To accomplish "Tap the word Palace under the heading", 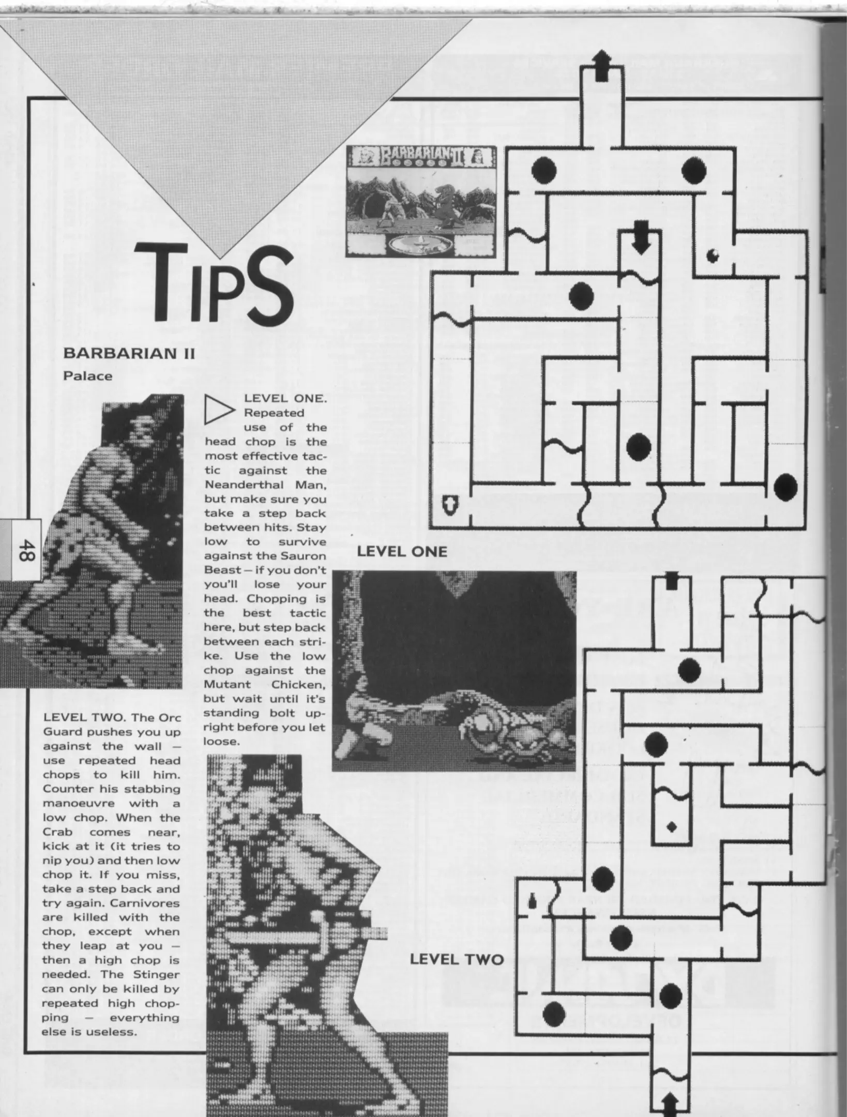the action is tap(87, 376).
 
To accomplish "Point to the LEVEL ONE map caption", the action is tap(402, 551).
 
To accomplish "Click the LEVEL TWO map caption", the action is tap(457, 960).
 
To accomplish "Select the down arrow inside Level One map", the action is tap(641, 237).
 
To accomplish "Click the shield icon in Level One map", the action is tap(450, 504).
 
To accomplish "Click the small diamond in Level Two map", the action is tap(672, 827).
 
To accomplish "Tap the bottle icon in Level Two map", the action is tap(533, 900).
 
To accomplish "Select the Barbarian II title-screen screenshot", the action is tap(421, 201).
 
